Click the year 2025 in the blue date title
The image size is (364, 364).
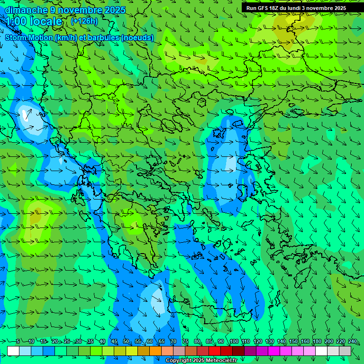click(x=114, y=10)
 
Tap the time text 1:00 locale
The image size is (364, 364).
click(x=34, y=21)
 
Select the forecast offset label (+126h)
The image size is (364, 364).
click(x=84, y=21)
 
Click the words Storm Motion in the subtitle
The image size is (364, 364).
click(x=29, y=38)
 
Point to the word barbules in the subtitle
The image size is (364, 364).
click(x=107, y=38)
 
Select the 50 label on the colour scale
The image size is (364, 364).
click(x=126, y=342)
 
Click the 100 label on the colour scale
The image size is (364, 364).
click(x=234, y=342)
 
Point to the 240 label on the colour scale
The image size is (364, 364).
click(x=352, y=342)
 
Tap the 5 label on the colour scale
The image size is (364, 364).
click(x=18, y=342)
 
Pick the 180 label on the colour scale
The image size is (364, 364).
click(x=317, y=342)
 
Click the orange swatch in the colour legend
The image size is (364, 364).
click(x=155, y=351)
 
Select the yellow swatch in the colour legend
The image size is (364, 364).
click(x=132, y=351)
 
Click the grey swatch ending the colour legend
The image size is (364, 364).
click(x=345, y=351)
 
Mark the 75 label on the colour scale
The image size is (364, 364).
click(x=185, y=342)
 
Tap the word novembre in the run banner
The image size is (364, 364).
click(x=317, y=8)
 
